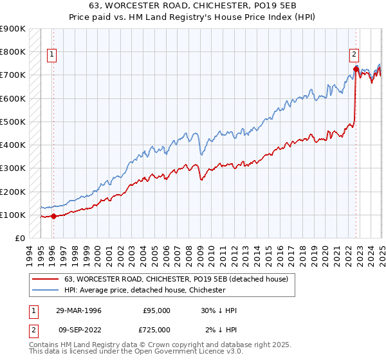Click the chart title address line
coord(192,6)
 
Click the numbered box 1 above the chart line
coord(51,55)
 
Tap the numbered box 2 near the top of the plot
coord(354,55)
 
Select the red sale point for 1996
coord(53,216)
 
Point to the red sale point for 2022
coord(356,68)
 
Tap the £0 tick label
coord(19,238)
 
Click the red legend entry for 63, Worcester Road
coord(179,278)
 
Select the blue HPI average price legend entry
coord(145,290)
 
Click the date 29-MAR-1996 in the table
coord(78,310)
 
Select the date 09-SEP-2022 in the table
coord(78,330)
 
